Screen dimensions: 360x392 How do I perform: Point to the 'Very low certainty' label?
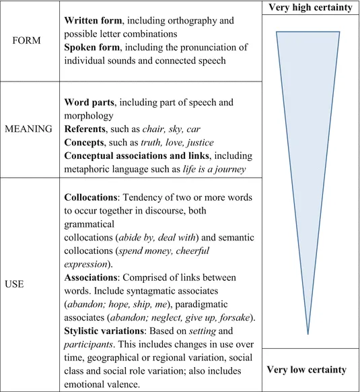308,369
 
